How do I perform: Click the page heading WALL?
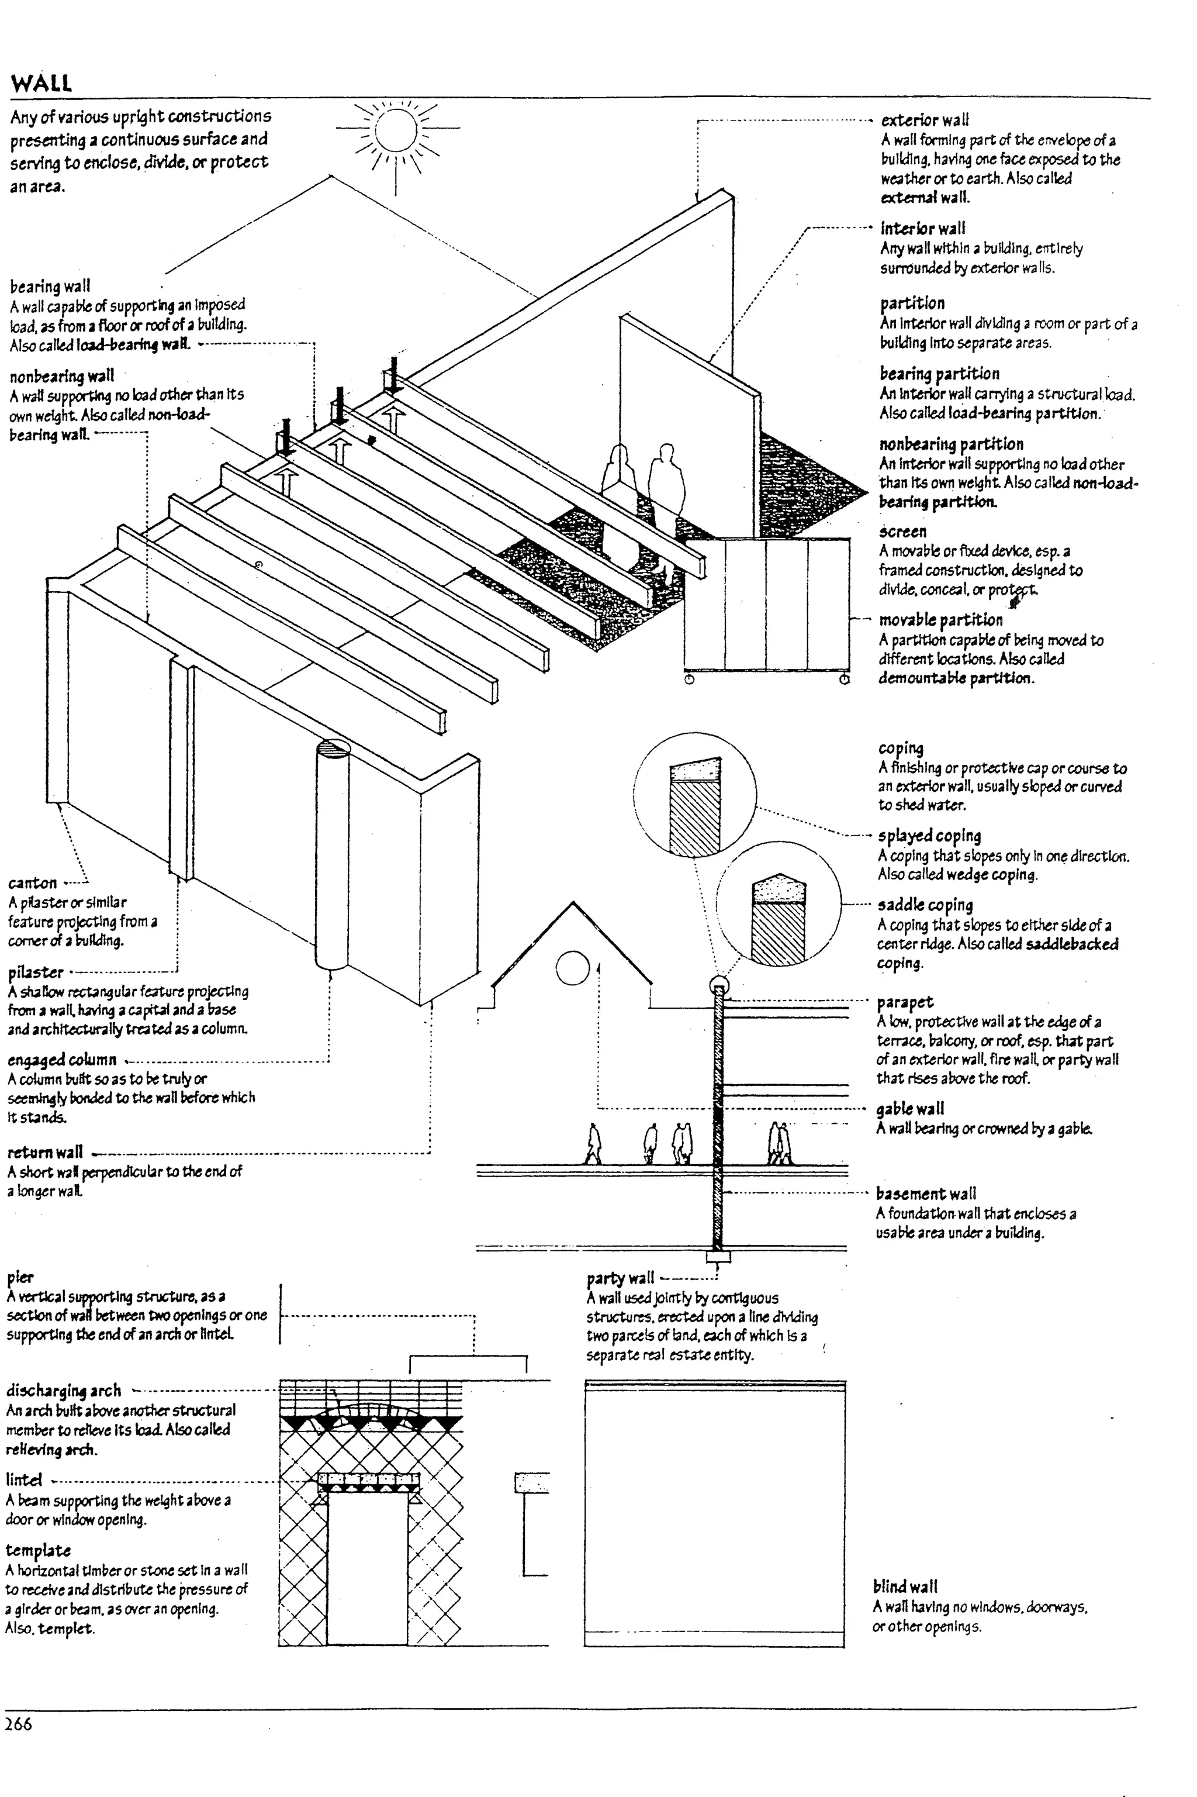pyautogui.click(x=41, y=83)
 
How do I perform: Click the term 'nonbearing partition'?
pyautogui.click(x=951, y=444)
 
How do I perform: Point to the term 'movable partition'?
pyautogui.click(x=940, y=619)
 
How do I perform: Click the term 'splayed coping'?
pyautogui.click(x=929, y=836)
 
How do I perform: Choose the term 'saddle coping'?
pyautogui.click(x=925, y=905)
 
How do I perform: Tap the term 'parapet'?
pyautogui.click(x=905, y=1001)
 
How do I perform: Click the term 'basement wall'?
pyautogui.click(x=925, y=1194)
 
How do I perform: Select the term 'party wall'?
pyautogui.click(x=620, y=1278)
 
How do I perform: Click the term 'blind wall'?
pyautogui.click(x=905, y=1586)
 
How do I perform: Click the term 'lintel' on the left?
pyautogui.click(x=23, y=1480)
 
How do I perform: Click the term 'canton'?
pyautogui.click(x=32, y=883)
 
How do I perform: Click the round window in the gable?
pyautogui.click(x=572, y=968)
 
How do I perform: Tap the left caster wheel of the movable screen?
pyautogui.click(x=689, y=679)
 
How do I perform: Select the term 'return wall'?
pyautogui.click(x=45, y=1153)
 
